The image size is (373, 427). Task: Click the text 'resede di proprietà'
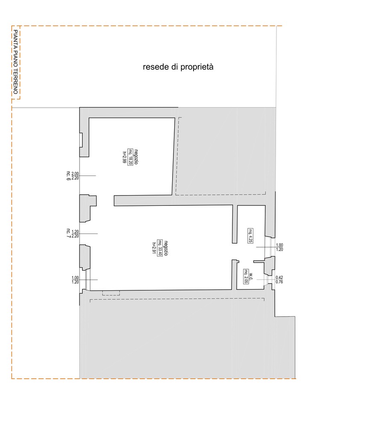click(178, 67)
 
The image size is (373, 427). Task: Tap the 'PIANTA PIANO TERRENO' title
click(16, 62)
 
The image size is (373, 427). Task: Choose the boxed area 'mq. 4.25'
click(250, 236)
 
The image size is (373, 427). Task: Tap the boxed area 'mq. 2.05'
click(246, 277)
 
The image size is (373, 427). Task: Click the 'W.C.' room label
click(252, 277)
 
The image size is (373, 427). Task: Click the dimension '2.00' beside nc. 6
click(75, 173)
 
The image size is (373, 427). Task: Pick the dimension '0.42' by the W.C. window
click(279, 277)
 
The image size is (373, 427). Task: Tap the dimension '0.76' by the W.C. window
click(279, 281)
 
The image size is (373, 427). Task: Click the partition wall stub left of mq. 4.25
click(235, 225)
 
